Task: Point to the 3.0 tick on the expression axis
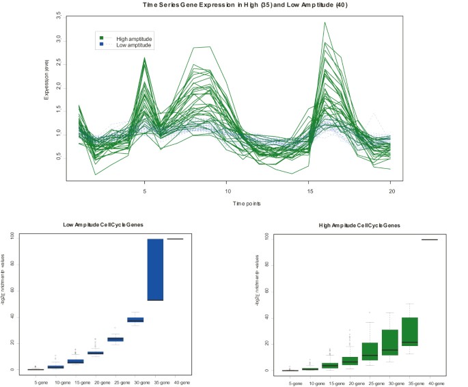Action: click(x=59, y=38)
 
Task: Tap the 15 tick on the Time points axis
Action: click(x=311, y=191)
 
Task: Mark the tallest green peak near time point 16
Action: click(x=325, y=23)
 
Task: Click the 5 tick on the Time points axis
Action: click(x=144, y=191)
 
